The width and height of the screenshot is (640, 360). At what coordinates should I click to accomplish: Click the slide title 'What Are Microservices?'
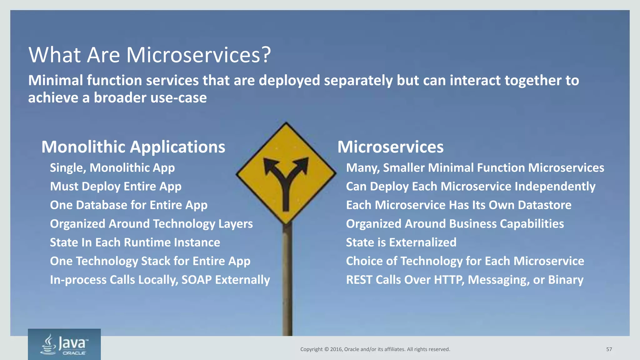[149, 55]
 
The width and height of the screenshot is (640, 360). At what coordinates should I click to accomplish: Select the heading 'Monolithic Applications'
[133, 147]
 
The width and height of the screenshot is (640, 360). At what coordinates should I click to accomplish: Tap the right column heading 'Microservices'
[390, 147]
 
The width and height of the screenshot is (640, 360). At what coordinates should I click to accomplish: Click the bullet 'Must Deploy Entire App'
[116, 187]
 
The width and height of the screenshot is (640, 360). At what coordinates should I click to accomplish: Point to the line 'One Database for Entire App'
[128, 205]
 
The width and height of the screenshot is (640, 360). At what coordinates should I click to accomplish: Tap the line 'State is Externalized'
[401, 242]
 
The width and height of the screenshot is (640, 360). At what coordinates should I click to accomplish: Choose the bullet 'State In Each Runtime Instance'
[135, 242]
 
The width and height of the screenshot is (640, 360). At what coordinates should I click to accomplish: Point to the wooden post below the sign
[287, 281]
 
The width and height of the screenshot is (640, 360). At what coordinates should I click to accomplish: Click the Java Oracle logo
[64, 344]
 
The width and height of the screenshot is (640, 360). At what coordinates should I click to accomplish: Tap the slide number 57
[609, 349]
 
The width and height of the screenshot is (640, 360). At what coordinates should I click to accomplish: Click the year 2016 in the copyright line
[336, 349]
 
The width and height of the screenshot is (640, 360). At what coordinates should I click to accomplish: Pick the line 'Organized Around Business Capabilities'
[455, 224]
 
